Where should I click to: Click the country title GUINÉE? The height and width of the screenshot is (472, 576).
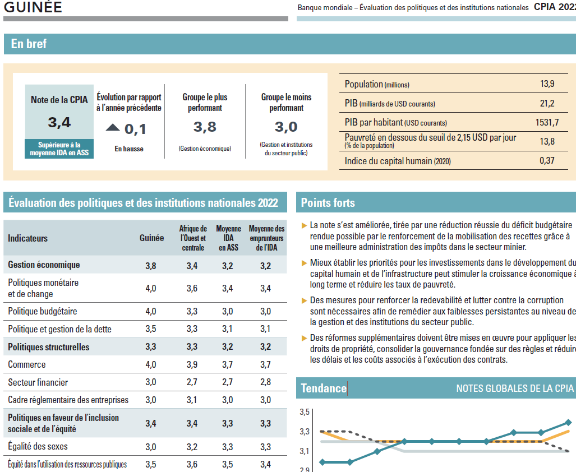pos(33,7)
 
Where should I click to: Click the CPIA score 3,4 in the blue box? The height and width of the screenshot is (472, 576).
pos(59,123)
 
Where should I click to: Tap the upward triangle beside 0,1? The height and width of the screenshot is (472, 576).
pos(113,128)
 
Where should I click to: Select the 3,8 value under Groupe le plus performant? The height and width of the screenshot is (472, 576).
pos(205,127)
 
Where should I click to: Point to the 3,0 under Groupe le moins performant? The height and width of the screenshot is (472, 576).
pos(286,127)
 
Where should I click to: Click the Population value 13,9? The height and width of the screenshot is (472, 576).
pos(547,84)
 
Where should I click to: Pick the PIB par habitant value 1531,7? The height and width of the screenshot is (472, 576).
pos(547,122)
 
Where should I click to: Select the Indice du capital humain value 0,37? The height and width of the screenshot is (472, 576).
pos(547,161)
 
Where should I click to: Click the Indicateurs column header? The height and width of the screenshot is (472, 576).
pos(28,238)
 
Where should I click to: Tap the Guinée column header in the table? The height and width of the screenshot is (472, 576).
pos(151,238)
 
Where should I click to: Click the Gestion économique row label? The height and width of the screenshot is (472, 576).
pos(44,265)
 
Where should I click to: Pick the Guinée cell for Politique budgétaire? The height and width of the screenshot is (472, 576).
pos(151,311)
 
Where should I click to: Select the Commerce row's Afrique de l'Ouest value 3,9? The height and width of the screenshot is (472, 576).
pos(192,364)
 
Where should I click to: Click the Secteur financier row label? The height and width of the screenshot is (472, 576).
pos(38,382)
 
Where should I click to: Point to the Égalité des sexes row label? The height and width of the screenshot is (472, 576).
pos(38,447)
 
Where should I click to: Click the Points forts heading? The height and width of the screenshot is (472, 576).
pos(328,203)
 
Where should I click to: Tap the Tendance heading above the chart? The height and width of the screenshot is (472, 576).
pos(324,388)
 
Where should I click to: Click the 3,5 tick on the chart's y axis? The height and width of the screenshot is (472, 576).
pos(305,413)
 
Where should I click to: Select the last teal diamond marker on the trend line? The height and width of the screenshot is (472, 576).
pos(569,422)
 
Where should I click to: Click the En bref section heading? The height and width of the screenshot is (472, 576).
pos(29,44)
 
